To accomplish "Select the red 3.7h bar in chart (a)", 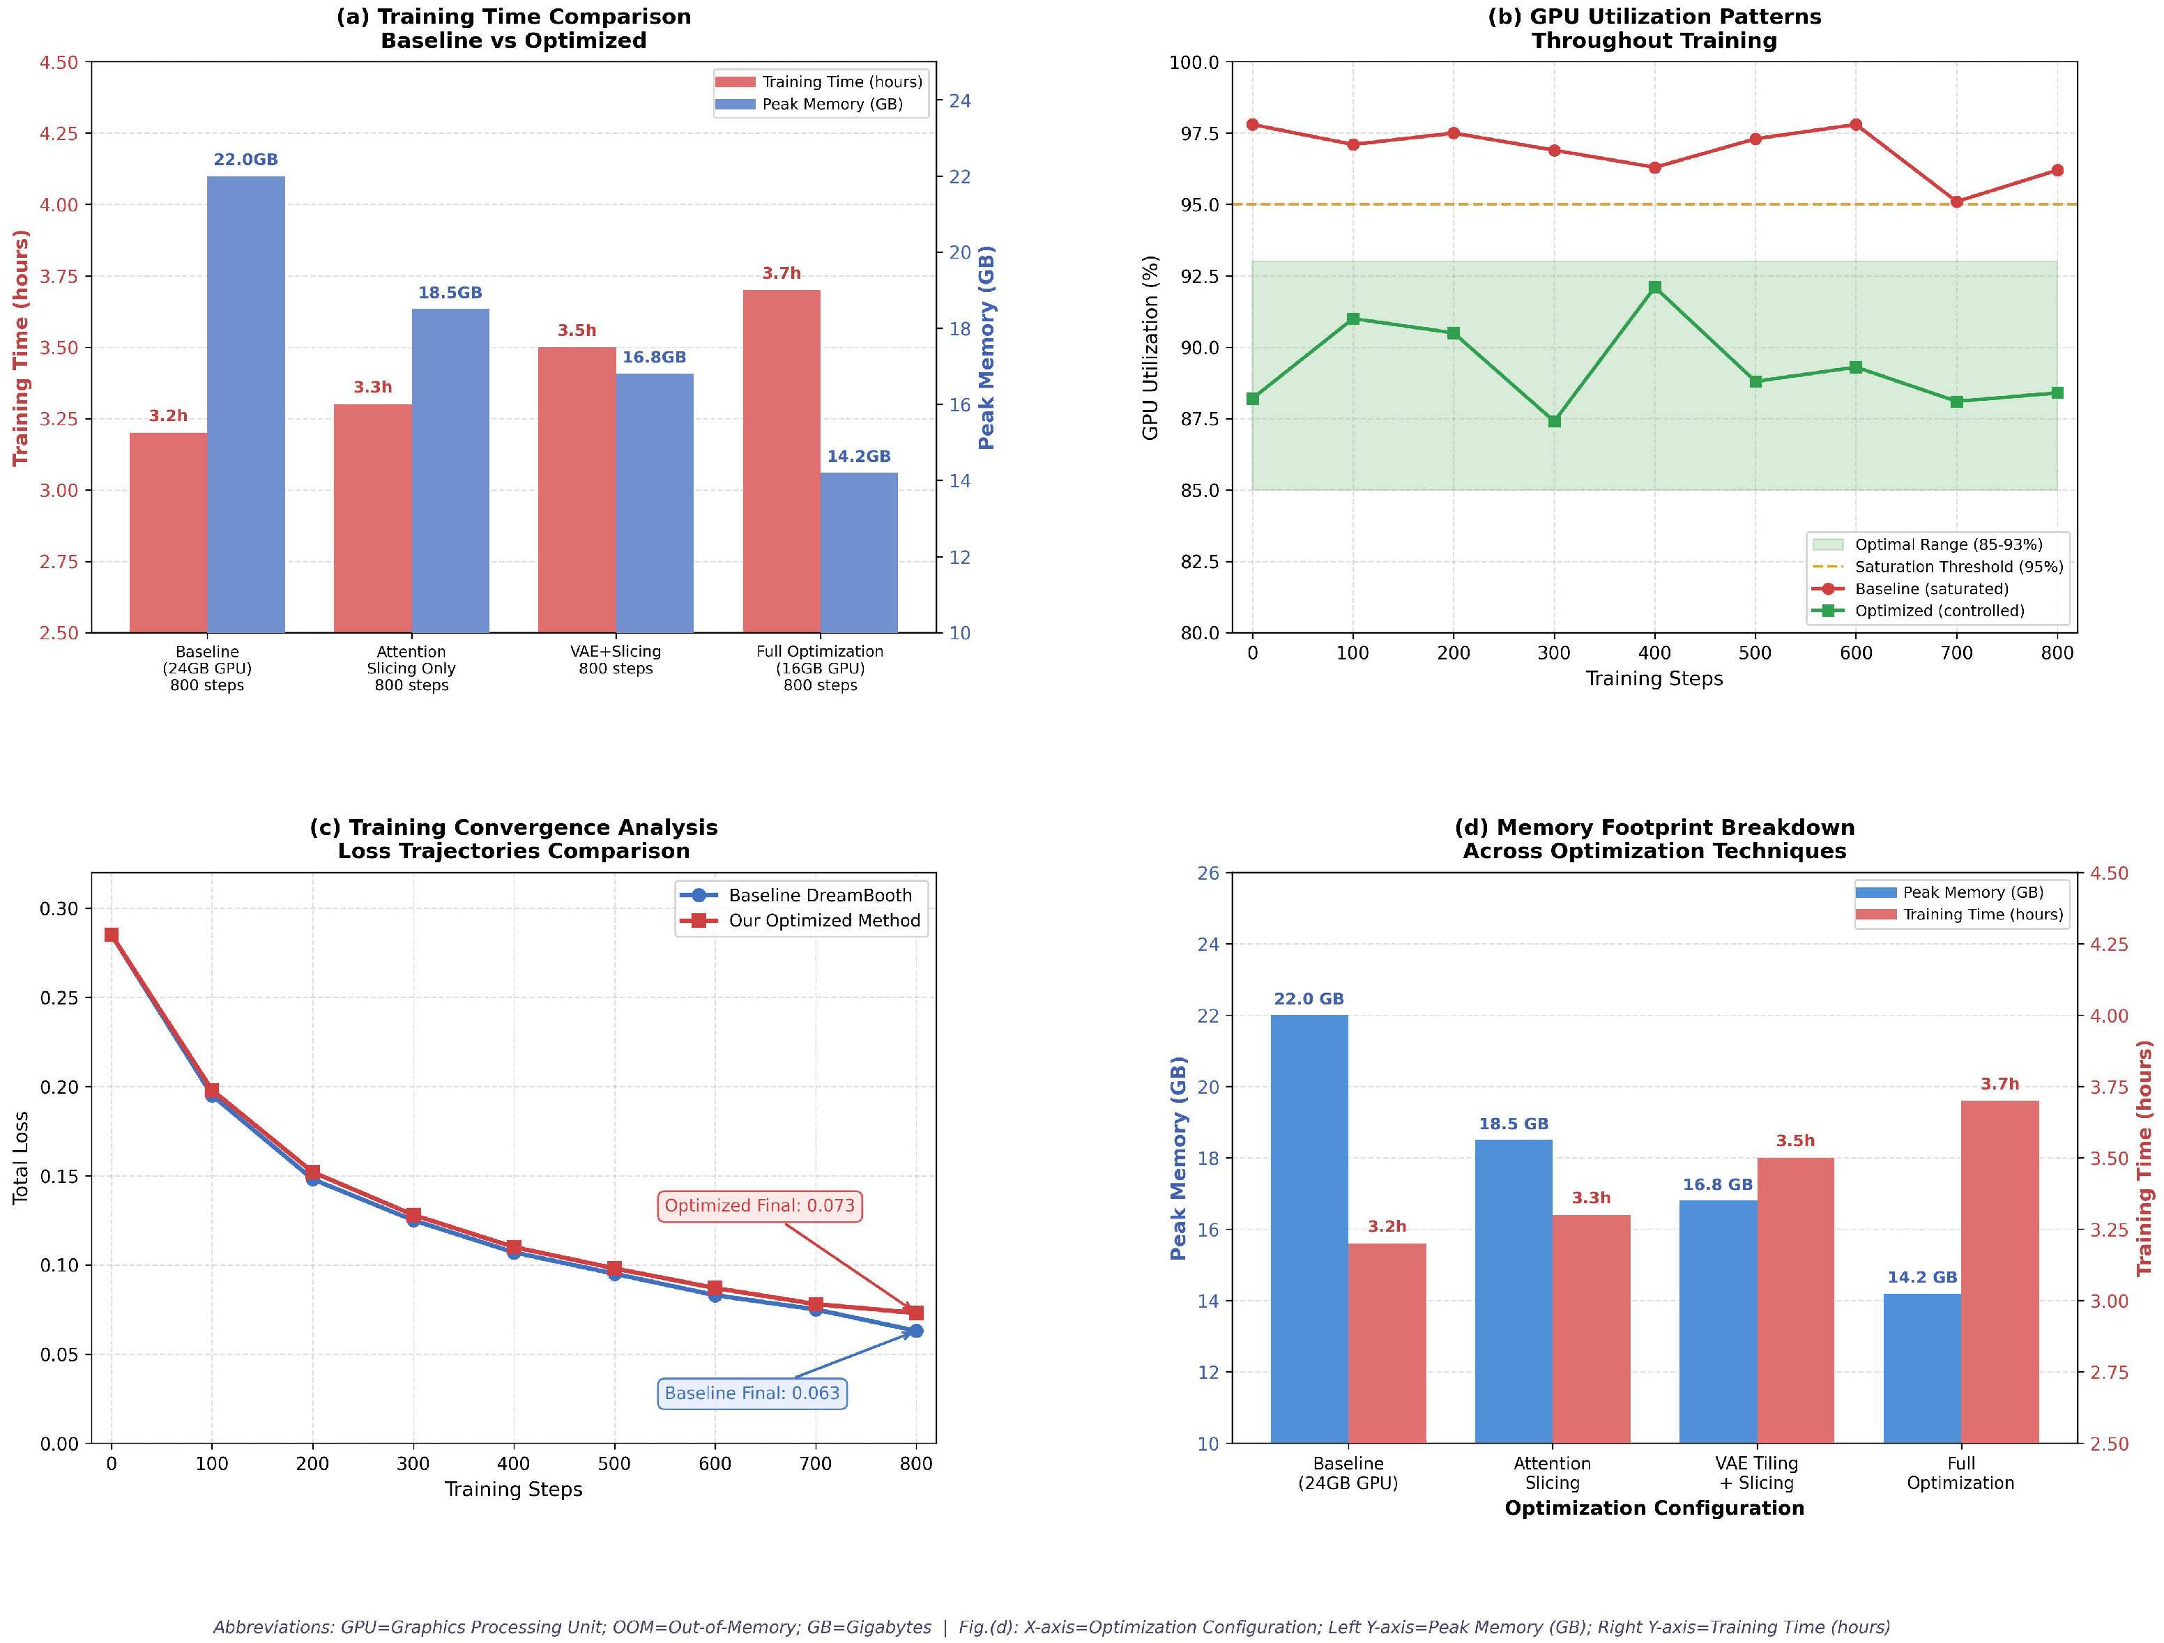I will (781, 461).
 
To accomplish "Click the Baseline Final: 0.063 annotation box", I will (752, 1393).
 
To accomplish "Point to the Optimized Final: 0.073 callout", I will (759, 1206).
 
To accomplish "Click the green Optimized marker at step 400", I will (1654, 287).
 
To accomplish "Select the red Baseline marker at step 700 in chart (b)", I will (1957, 202).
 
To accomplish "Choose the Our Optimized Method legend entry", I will (824, 920).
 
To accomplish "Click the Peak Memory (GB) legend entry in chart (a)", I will (832, 105).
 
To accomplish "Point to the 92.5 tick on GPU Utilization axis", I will (1194, 276).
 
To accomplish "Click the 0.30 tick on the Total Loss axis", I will (59, 908).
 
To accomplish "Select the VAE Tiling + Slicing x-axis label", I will (1756, 1473).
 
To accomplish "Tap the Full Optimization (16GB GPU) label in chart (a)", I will (820, 668).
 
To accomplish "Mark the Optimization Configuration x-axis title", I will (1654, 1508).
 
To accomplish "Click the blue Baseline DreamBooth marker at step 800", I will (915, 1331).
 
